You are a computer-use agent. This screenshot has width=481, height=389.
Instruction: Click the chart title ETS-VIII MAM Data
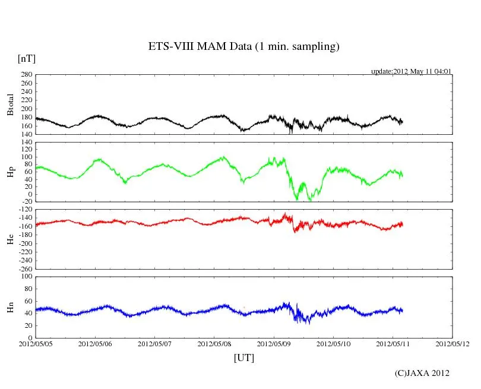coord(243,47)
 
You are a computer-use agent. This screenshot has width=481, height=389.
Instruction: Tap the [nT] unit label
coord(26,58)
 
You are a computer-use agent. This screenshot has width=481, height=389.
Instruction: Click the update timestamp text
coord(412,71)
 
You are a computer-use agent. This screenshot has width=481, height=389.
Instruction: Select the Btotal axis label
coord(10,105)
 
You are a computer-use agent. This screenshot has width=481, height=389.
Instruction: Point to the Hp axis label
coord(10,172)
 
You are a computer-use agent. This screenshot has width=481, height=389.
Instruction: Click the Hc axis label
coord(10,239)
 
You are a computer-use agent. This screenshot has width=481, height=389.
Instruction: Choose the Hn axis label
coord(10,306)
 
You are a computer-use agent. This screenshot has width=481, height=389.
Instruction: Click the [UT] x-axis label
coord(244,358)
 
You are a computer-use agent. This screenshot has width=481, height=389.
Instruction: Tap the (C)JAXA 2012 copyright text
coord(422,373)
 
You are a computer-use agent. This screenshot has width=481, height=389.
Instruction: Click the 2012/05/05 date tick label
coord(35,344)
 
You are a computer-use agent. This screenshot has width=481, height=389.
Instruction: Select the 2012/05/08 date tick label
coord(214,344)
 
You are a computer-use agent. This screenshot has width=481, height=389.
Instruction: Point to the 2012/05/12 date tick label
coord(452,344)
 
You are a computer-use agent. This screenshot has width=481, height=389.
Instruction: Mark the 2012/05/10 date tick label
coord(334,344)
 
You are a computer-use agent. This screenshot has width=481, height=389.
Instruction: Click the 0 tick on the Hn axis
coord(30,338)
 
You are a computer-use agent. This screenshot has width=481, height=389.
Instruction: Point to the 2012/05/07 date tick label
coord(154,344)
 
